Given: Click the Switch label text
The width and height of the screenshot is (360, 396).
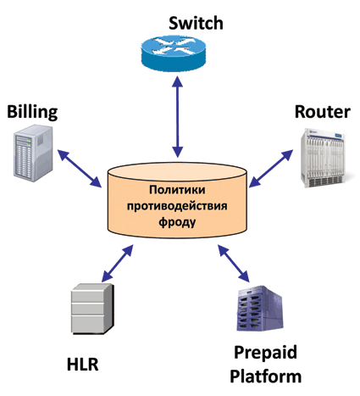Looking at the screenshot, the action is (x=196, y=23).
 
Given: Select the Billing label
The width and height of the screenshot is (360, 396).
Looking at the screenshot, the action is (x=32, y=113).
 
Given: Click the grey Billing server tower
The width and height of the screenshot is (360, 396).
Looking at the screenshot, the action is (x=33, y=153).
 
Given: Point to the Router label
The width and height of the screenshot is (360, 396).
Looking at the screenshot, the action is (x=323, y=112).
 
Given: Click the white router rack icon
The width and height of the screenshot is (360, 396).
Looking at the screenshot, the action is (x=323, y=158).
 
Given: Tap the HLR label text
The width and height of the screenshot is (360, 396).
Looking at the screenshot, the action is (x=82, y=365).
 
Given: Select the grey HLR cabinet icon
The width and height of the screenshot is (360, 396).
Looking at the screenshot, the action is (x=92, y=309).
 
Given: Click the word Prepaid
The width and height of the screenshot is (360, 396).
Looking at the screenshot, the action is (x=265, y=353).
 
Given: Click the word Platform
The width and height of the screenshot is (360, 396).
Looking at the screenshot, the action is (x=265, y=376).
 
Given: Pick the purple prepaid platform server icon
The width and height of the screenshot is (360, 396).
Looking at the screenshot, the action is (x=260, y=309).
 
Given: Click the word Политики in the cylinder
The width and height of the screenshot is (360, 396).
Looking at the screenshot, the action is (x=177, y=190).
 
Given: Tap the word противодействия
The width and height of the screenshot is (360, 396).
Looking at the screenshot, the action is (x=177, y=206).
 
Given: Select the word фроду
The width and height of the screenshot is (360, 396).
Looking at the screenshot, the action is (x=177, y=222).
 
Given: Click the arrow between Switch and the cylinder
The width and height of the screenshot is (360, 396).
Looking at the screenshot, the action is (x=178, y=117).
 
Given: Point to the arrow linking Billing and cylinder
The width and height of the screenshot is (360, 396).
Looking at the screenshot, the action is (x=80, y=169).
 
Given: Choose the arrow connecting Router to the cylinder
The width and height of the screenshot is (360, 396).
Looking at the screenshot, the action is (x=271, y=169).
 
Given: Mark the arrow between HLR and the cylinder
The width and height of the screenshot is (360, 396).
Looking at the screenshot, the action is (x=117, y=263).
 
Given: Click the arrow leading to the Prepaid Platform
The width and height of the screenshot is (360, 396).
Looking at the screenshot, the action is (x=234, y=263).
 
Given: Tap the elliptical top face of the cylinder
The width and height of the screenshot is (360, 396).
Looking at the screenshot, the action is (x=177, y=171).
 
